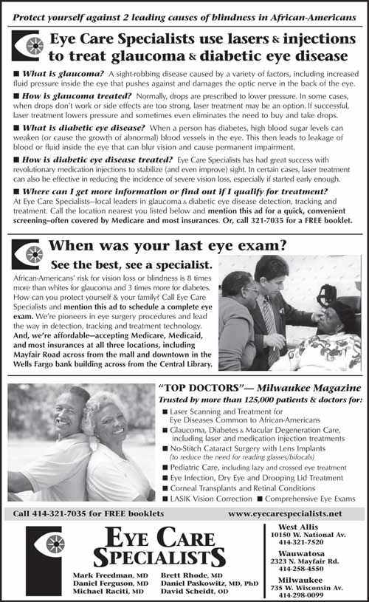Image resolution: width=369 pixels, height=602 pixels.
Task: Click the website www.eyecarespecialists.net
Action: tap(286, 513)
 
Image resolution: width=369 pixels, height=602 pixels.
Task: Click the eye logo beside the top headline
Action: tap(27, 46)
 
